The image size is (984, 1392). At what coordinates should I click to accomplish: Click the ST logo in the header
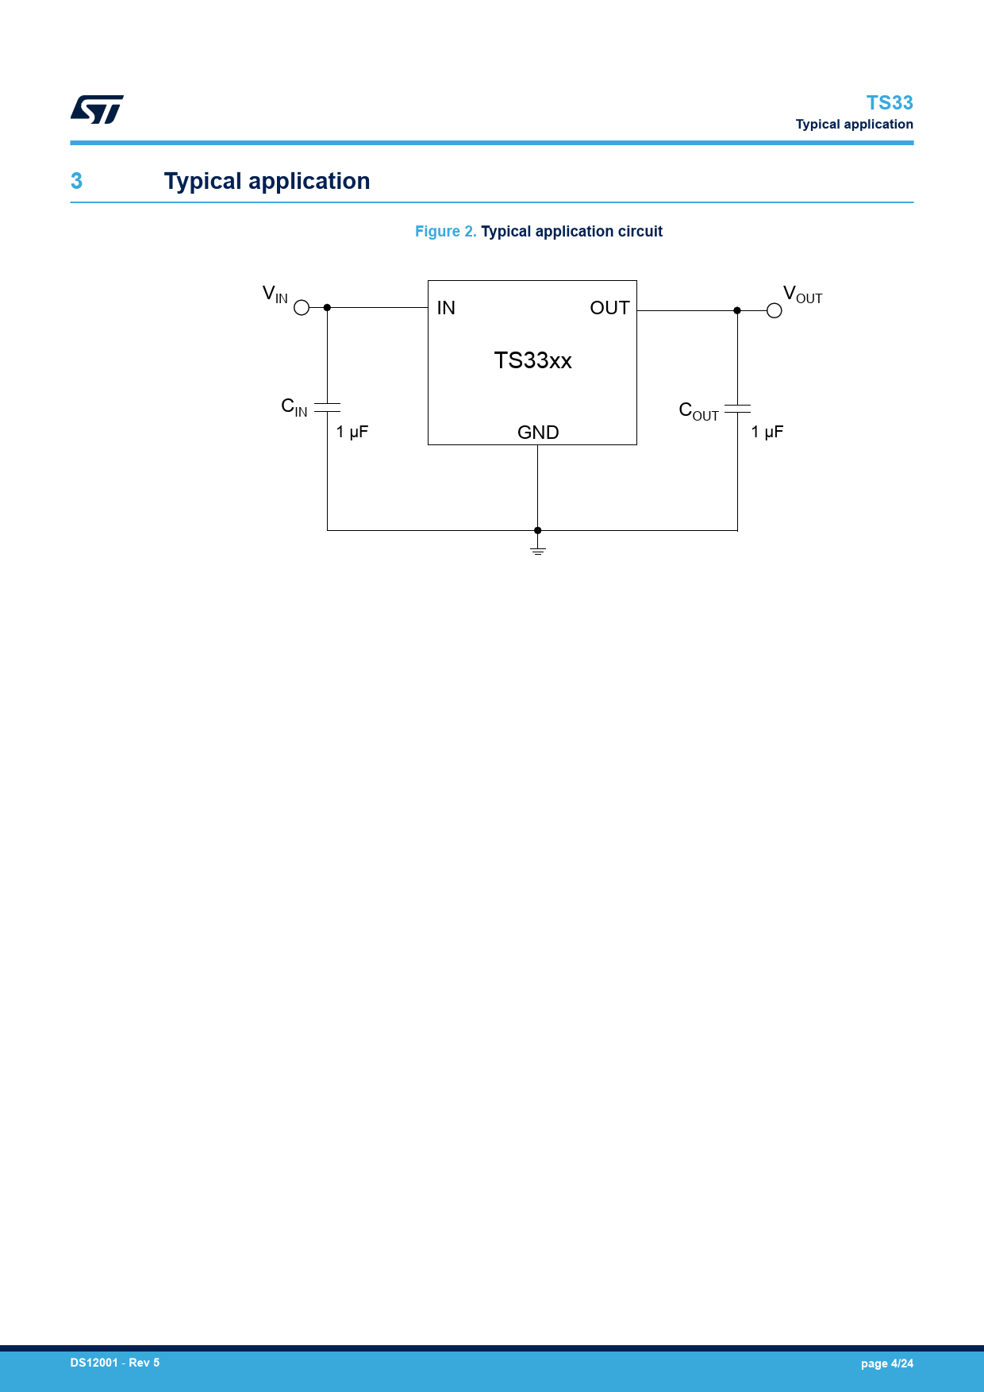pos(97,110)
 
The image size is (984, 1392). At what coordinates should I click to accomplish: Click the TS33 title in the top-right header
pos(890,103)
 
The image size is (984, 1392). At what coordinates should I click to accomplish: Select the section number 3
pos(76,181)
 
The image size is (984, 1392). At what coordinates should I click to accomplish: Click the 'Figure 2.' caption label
pos(446,232)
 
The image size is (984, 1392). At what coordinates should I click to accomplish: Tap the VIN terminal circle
pos(302,307)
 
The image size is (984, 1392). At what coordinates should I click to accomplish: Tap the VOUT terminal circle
pos(775,310)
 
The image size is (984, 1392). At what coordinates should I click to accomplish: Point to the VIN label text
pos(275,294)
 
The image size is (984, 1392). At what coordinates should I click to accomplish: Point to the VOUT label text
pos(802,294)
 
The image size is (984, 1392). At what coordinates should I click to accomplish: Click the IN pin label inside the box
pos(446,308)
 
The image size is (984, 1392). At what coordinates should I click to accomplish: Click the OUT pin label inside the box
pos(609,308)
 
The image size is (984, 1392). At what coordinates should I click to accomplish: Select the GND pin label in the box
pos(538,433)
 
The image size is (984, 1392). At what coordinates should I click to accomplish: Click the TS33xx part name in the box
pos(533,360)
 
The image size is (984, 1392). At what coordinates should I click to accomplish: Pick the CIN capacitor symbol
pos(327,407)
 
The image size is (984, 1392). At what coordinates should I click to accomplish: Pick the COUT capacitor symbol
pos(737,409)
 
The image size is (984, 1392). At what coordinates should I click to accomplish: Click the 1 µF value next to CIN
pos(352,432)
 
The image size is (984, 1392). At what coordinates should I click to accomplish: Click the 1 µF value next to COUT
pos(767,432)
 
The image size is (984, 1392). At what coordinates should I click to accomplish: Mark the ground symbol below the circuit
pos(538,548)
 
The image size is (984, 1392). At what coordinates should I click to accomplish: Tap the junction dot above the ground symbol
pos(538,530)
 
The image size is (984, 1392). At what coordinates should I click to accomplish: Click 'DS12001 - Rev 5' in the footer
pos(115,1363)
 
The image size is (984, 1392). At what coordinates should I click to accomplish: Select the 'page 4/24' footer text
pos(887,1363)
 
